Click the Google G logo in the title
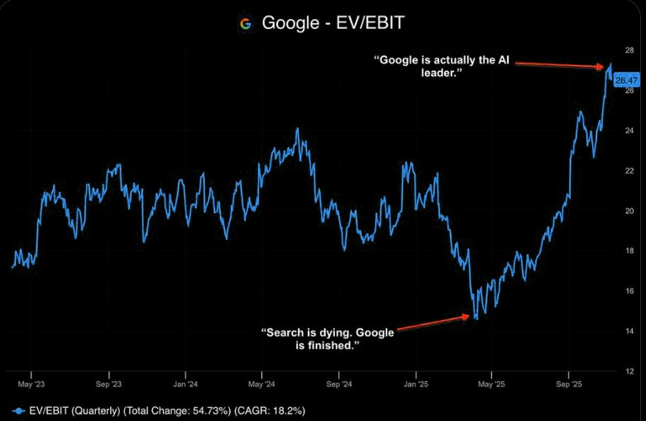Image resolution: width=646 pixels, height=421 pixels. [x=246, y=23]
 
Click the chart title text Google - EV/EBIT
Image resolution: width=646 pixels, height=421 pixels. [x=333, y=23]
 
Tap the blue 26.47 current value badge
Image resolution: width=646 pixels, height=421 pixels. [x=628, y=79]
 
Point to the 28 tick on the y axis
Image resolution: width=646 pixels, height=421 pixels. [x=629, y=51]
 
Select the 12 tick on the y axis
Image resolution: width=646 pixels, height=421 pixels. [x=629, y=371]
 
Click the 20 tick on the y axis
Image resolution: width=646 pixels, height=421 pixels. [x=629, y=211]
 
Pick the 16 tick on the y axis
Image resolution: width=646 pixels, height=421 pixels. [x=629, y=291]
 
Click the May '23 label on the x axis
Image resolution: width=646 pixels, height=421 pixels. [x=31, y=385]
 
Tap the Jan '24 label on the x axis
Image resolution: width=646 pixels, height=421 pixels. [x=185, y=385]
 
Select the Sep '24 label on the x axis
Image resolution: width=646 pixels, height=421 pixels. [x=338, y=385]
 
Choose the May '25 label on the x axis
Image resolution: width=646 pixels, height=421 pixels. [x=491, y=385]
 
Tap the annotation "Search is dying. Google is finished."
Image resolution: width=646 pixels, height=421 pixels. [x=328, y=338]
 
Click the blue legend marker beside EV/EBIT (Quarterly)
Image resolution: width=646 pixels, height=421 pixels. [x=18, y=409]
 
